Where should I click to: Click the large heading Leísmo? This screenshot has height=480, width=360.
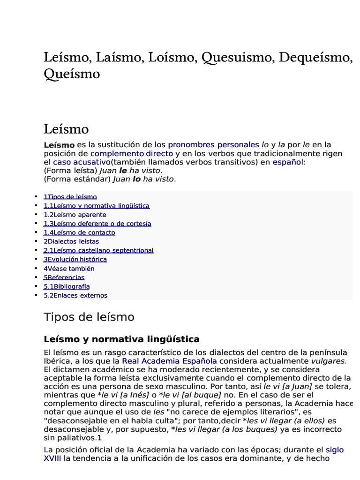click(x=66, y=128)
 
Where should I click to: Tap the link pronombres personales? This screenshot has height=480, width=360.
click(x=213, y=145)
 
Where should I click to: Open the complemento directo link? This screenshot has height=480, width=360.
click(x=132, y=154)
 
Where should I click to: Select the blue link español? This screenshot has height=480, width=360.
click(x=288, y=162)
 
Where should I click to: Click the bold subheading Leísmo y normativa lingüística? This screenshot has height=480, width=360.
click(x=121, y=339)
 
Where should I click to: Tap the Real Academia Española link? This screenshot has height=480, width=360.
click(x=169, y=361)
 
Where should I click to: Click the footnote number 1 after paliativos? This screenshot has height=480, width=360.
click(x=99, y=438)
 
